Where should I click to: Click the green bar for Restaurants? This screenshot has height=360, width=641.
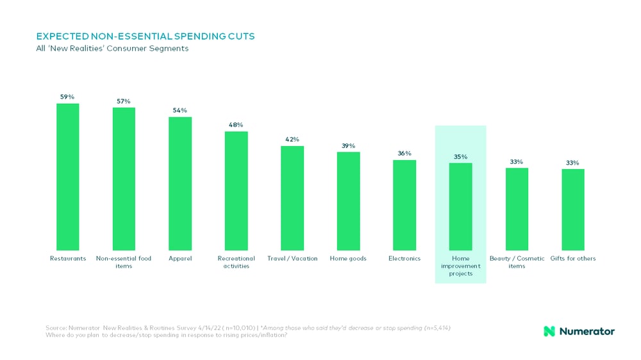pos(68,177)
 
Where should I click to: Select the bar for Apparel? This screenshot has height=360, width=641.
pos(180,184)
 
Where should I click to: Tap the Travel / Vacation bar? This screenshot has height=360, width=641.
pos(292,198)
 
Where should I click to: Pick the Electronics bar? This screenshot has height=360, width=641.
pos(404,205)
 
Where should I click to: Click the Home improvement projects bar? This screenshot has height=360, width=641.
pos(460,207)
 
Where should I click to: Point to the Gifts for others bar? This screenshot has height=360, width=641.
pos(573,209)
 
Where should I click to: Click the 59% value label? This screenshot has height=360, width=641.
pos(68,97)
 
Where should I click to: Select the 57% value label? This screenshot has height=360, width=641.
pos(124,101)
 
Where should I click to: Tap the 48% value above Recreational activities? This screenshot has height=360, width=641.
pos(236,125)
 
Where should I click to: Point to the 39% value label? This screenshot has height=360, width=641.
pos(348,145)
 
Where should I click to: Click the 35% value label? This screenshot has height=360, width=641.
pos(460,157)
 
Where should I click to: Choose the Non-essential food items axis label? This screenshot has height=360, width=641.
pos(124,262)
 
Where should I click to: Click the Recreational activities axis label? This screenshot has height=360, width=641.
pos(236,262)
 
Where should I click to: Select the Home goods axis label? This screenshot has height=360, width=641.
pos(348,259)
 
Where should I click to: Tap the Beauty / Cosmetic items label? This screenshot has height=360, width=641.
pos(517,262)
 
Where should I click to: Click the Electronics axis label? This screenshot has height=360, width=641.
pos(404,259)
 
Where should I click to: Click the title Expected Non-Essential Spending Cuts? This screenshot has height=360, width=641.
pos(145,37)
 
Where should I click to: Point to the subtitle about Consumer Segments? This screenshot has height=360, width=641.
pos(112,49)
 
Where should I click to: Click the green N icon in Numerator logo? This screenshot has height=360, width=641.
pos(549,331)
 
